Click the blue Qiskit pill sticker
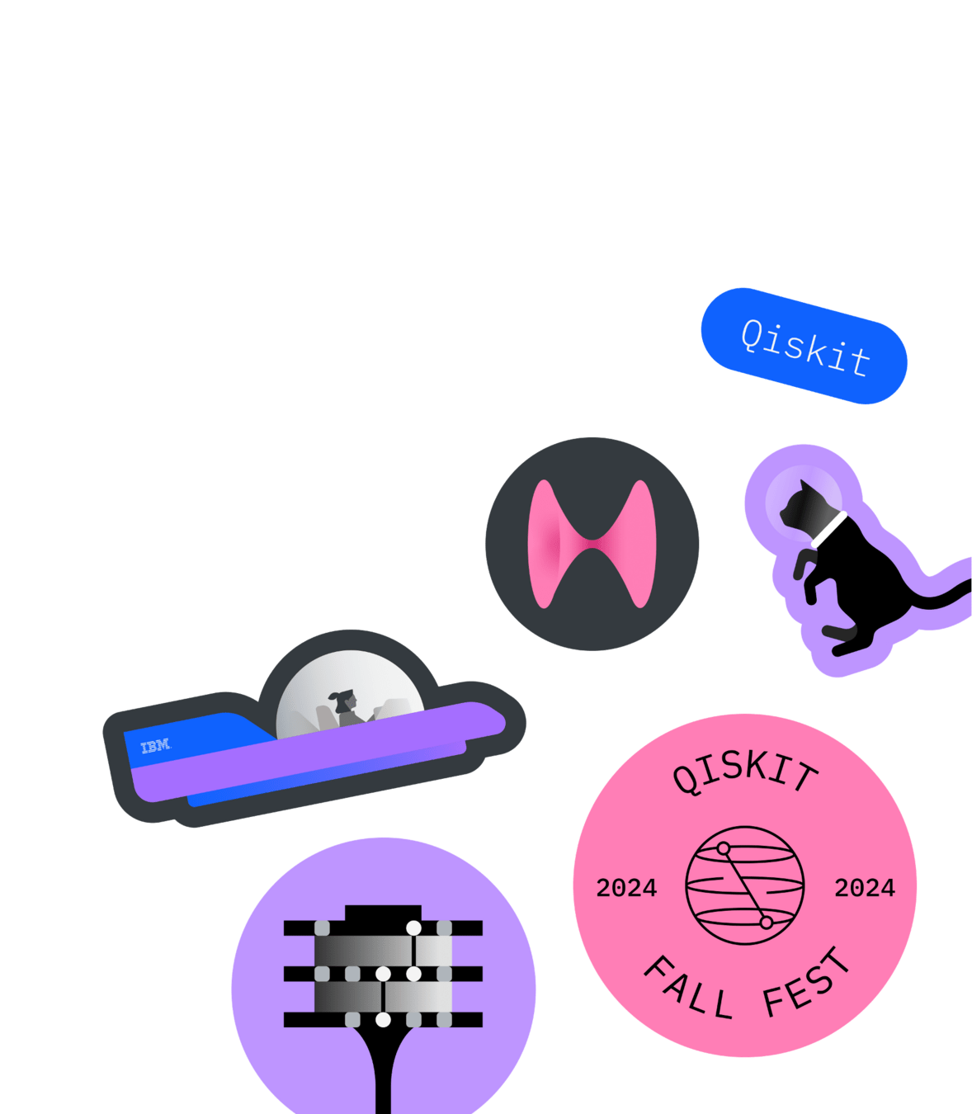point(804,347)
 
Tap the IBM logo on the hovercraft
point(155,747)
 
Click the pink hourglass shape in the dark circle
point(592,544)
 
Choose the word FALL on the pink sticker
point(687,989)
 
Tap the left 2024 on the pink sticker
point(626,888)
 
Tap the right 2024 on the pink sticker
point(864,888)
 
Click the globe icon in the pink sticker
point(744,885)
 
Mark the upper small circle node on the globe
point(724,848)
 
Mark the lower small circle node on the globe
point(766,923)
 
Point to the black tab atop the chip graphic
point(383,913)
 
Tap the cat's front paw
point(800,569)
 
